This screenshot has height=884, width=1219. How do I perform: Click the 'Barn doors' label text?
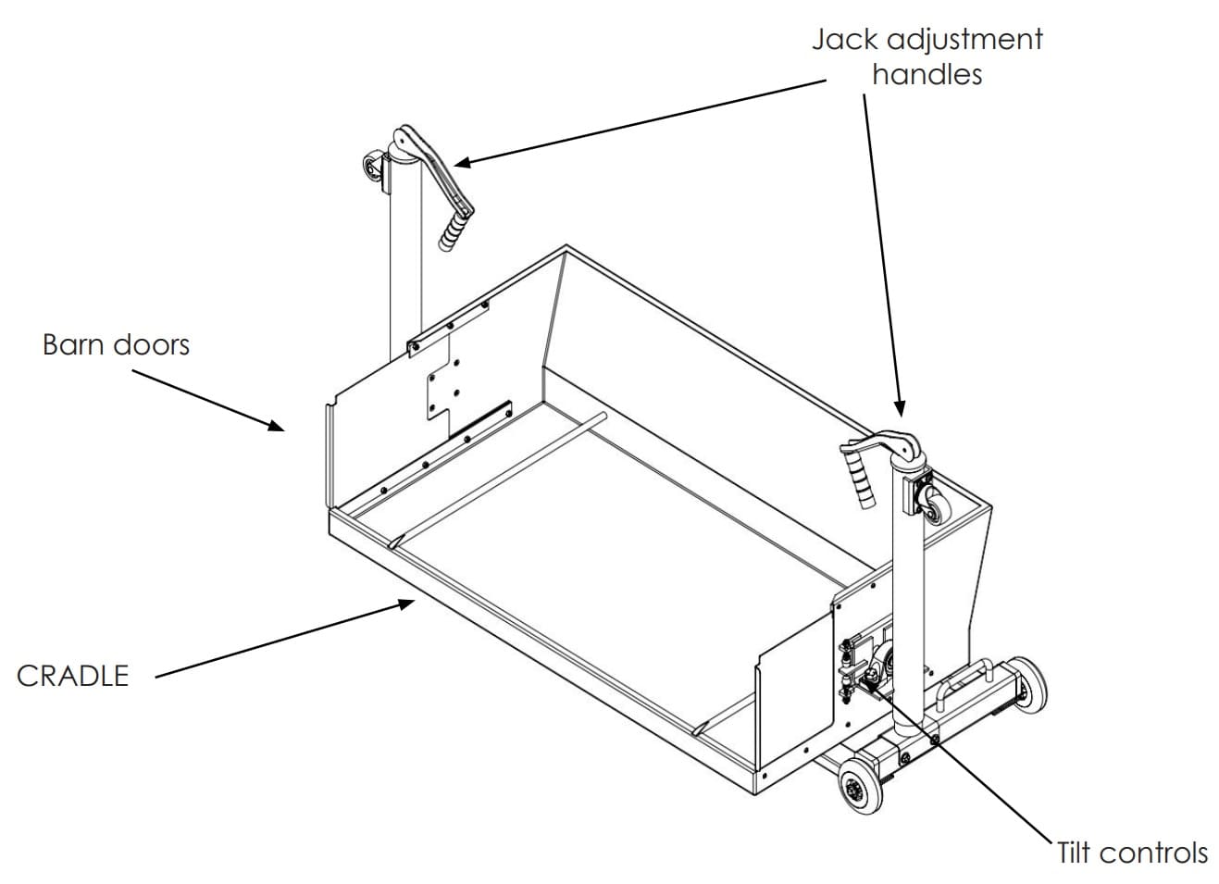116,344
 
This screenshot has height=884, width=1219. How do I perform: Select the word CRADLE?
72,676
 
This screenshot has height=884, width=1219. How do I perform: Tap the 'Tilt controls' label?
1132,852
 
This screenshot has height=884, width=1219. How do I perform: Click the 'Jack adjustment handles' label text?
927,56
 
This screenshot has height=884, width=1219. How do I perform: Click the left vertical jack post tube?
405,259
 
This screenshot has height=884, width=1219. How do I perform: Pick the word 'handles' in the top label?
927,74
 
